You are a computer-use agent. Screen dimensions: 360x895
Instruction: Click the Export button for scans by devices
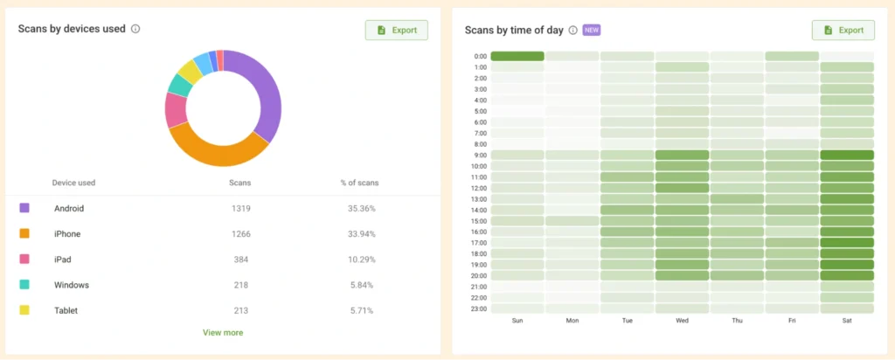397,30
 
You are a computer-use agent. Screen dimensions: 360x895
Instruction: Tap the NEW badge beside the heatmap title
591,30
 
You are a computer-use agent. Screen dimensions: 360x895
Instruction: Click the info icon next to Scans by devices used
135,29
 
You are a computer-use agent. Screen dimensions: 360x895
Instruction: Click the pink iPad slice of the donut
176,109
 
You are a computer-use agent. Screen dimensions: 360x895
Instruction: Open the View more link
223,332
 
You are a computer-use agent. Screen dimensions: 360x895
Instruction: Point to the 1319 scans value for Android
239,209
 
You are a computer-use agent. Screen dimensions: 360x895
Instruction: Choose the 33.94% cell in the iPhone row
359,233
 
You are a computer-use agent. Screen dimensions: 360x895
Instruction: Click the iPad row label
64,260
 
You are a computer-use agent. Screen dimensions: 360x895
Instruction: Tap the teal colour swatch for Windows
24,285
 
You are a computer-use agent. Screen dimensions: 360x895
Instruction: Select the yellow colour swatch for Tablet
24,310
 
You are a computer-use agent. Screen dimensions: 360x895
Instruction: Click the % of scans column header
359,183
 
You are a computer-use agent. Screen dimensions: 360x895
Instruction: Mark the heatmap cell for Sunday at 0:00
517,56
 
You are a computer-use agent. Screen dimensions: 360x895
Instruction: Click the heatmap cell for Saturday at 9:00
847,155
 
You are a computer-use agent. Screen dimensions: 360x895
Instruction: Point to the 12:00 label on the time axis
480,188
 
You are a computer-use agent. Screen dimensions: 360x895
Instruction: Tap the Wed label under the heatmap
682,321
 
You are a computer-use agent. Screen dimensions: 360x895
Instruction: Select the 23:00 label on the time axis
480,308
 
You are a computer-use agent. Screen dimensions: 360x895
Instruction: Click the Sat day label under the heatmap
847,321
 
